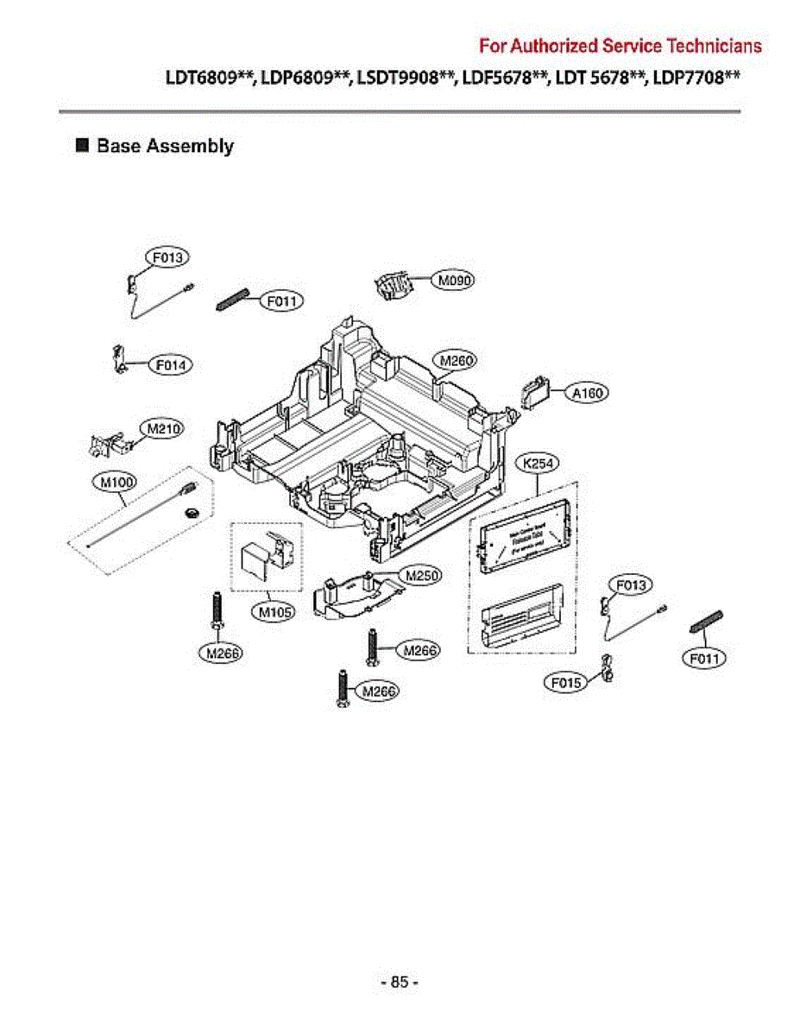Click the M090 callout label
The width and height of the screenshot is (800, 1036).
tap(453, 281)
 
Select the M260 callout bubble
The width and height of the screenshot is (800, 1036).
tap(456, 360)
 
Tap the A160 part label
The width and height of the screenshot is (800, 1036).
tap(589, 393)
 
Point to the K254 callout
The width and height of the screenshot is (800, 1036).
tap(539, 464)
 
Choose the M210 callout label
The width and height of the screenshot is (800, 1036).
tap(161, 428)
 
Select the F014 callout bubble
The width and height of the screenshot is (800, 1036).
tap(171, 365)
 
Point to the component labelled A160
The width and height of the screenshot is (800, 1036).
tap(536, 393)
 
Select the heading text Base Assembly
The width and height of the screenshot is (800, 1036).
tap(165, 146)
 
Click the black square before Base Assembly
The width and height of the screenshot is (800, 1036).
tap(83, 145)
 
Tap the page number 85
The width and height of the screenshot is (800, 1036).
tap(399, 982)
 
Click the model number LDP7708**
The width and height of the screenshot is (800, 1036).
tap(696, 79)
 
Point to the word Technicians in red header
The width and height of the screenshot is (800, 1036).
tap(715, 45)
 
